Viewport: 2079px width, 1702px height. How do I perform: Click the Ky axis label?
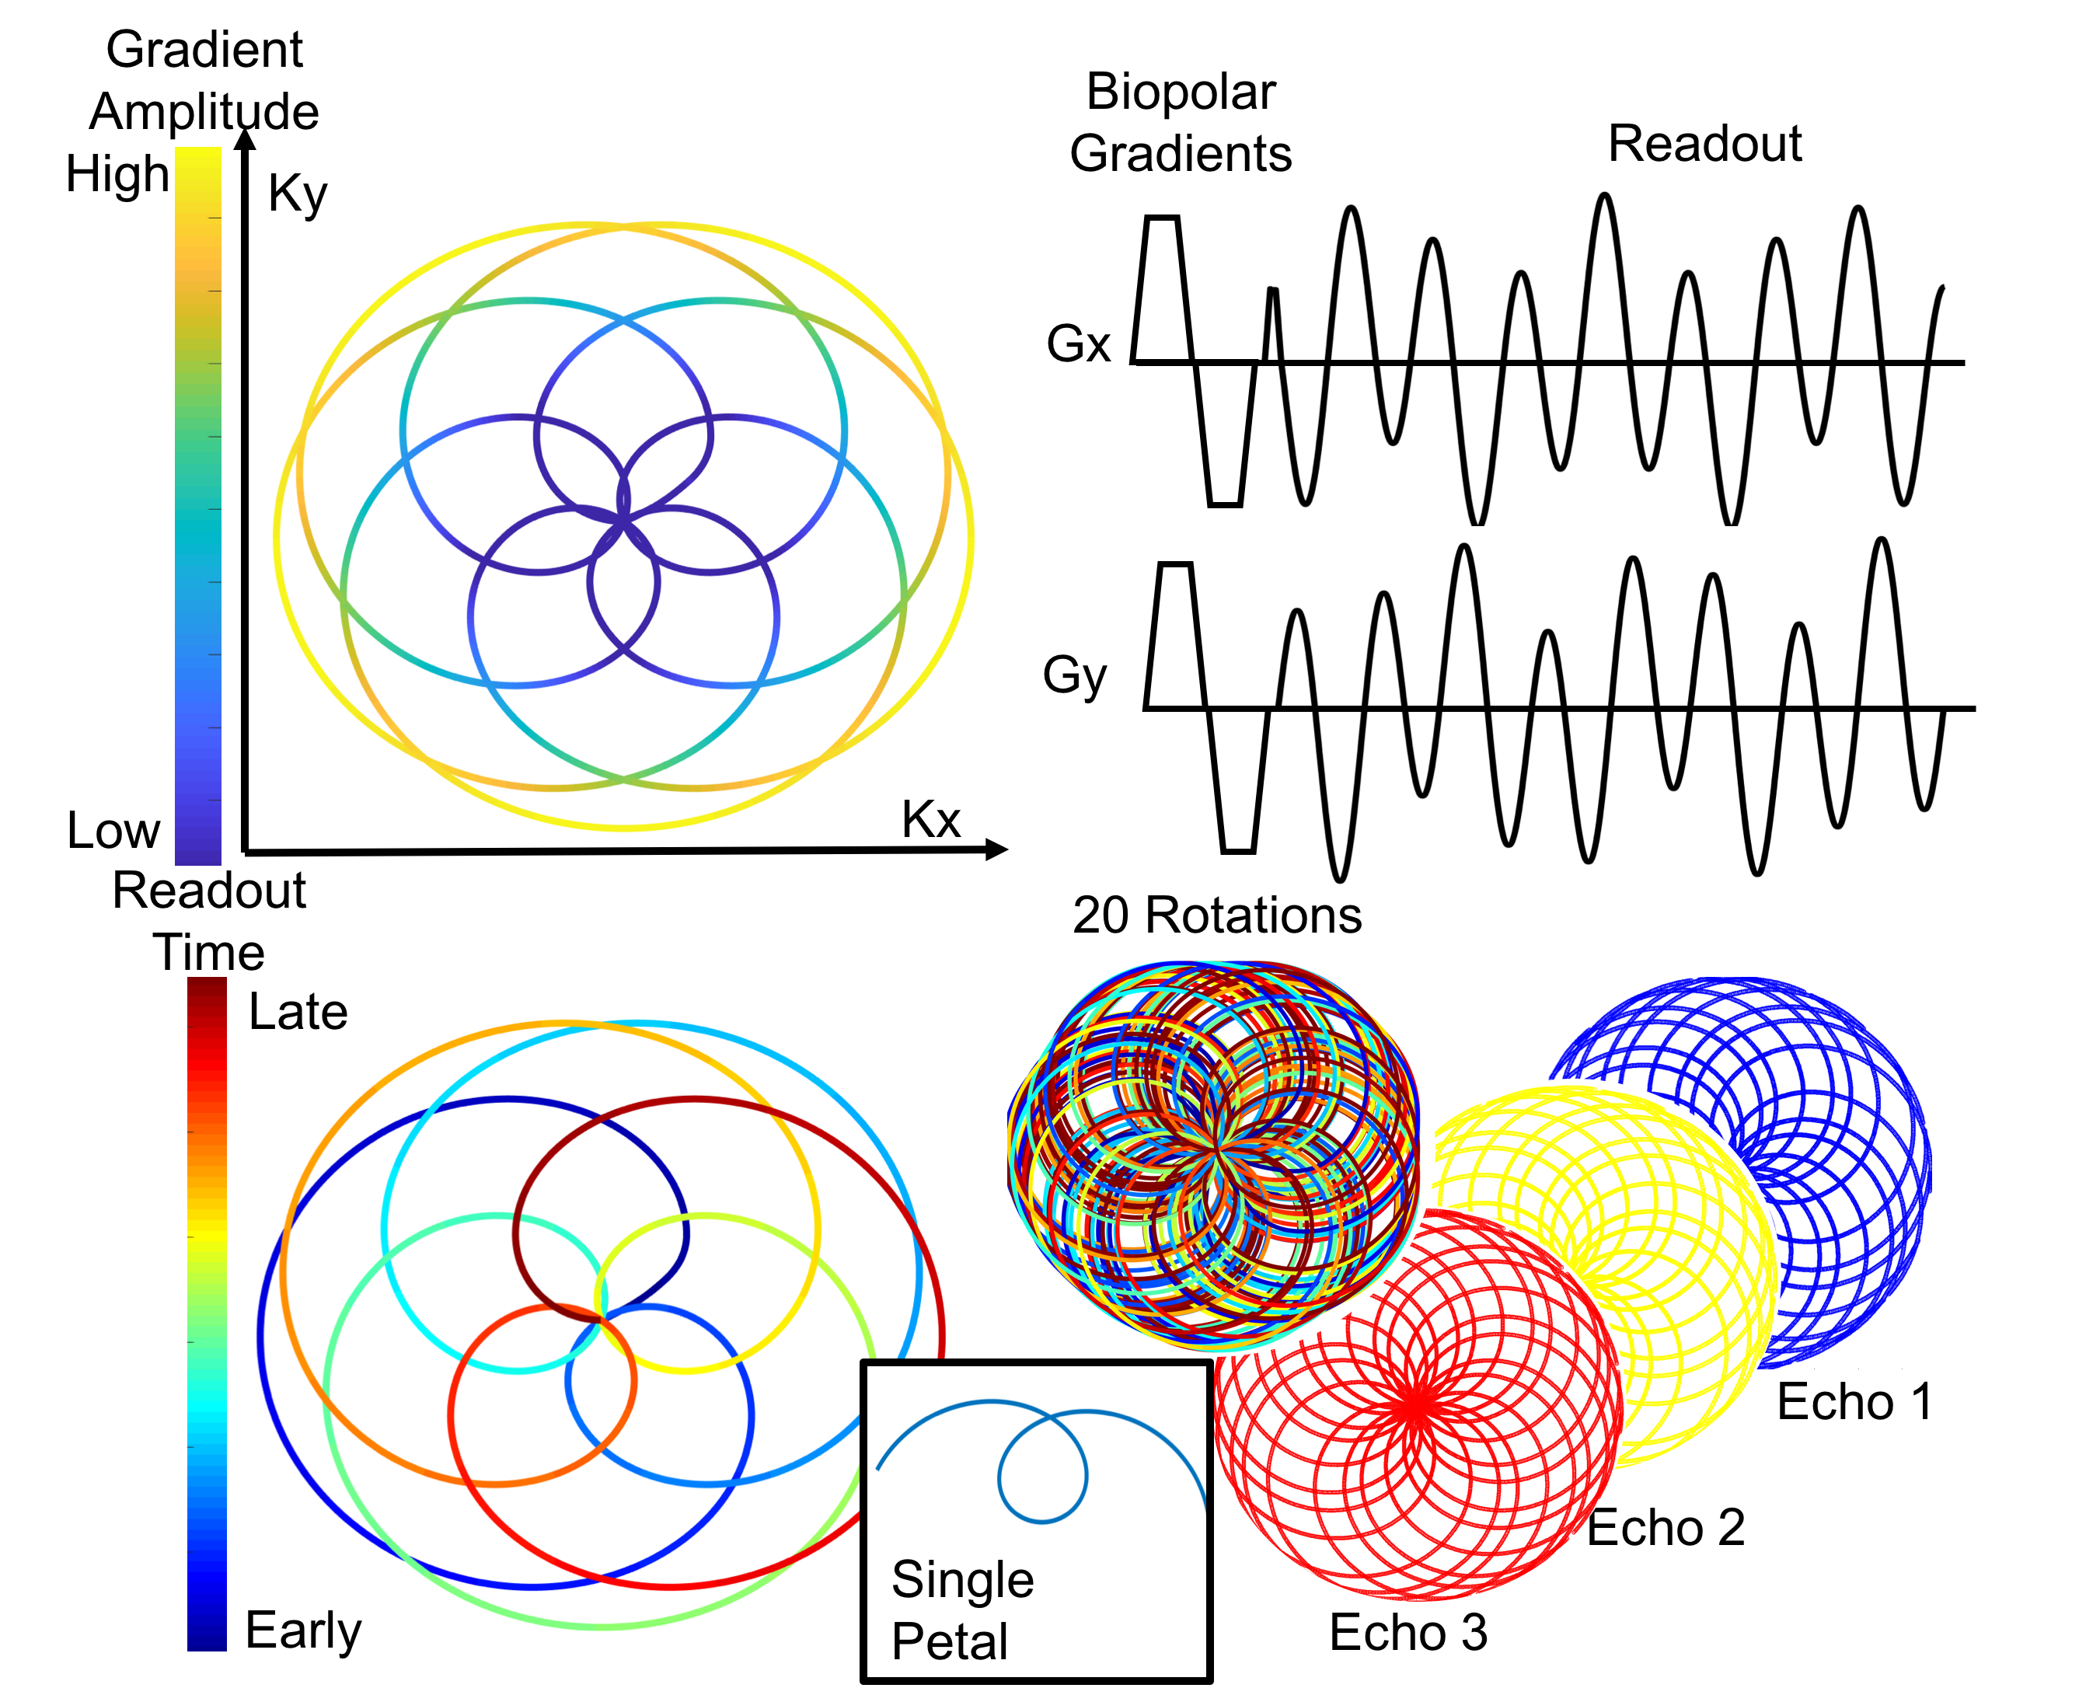click(297, 194)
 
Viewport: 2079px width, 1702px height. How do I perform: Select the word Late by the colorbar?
click(298, 1012)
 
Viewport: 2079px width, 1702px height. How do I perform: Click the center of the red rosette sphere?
click(1416, 1407)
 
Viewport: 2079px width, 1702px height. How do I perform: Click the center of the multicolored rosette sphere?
click(1217, 1147)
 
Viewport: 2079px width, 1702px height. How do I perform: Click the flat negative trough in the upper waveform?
click(1225, 504)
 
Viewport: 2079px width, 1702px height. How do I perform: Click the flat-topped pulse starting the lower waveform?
click(1175, 566)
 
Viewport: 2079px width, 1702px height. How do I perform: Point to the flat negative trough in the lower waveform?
click(1239, 850)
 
